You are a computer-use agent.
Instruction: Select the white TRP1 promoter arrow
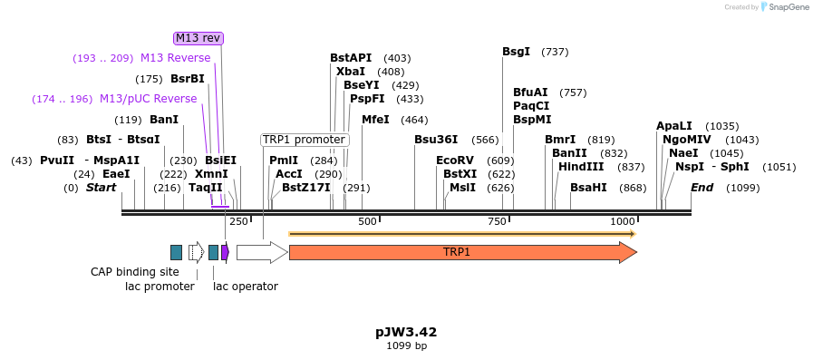261,252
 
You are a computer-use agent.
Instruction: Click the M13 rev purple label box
198,38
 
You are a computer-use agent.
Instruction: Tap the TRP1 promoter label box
305,140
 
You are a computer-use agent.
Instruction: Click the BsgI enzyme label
516,52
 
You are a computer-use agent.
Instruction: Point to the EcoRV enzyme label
455,161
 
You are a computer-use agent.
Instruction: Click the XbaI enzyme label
351,72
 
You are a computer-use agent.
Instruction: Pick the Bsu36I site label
436,140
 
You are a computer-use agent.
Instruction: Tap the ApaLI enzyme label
674,126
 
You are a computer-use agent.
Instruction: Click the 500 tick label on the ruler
367,221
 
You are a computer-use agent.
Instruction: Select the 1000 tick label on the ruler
623,221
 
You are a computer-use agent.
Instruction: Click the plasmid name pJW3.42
406,332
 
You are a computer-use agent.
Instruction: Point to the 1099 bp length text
406,346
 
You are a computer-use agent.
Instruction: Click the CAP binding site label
135,272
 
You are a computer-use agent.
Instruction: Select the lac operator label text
246,287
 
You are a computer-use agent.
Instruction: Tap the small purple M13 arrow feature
225,252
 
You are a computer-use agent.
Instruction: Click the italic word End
702,188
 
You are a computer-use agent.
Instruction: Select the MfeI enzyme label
375,120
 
